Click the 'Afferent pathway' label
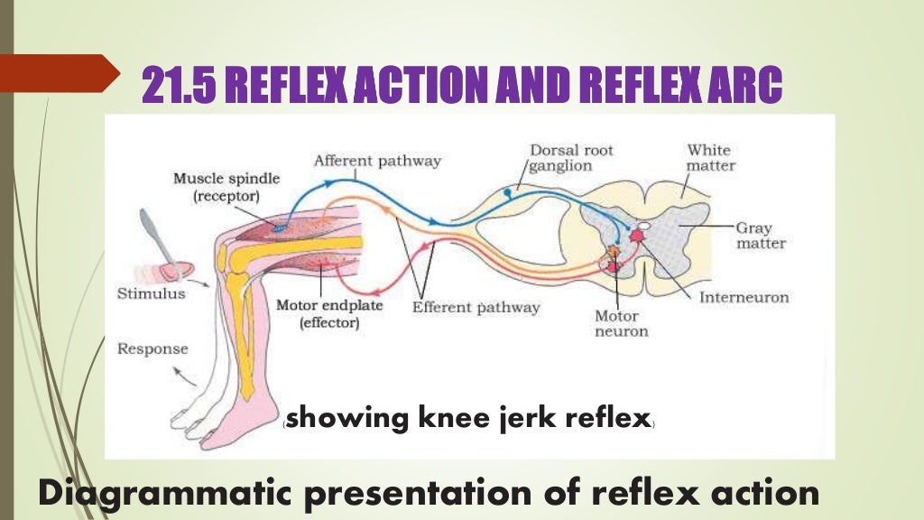[x=376, y=162]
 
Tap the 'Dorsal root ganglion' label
[x=570, y=157]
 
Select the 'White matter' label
[x=710, y=157]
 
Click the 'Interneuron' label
[x=744, y=297]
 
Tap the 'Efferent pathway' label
[x=476, y=307]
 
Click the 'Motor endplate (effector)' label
[x=328, y=313]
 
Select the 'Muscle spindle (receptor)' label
[x=226, y=187]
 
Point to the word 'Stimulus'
[x=151, y=293]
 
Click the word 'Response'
[x=152, y=348]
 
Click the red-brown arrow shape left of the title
[x=59, y=72]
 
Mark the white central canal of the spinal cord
[x=646, y=226]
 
